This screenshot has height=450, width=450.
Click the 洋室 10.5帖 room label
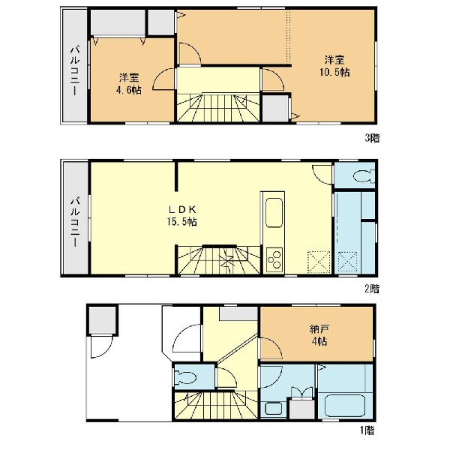[334, 66]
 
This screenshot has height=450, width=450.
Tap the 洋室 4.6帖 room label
[129, 84]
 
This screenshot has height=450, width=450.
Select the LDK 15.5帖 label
[182, 215]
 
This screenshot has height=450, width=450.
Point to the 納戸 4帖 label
[319, 335]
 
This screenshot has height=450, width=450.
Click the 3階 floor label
[372, 138]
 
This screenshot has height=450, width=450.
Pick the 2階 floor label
[372, 289]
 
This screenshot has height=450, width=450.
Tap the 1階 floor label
[367, 430]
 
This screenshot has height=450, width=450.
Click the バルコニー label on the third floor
[75, 70]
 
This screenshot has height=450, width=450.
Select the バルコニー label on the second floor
[75, 221]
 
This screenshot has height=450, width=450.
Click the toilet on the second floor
[364, 176]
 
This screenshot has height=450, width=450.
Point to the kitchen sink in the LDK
[274, 213]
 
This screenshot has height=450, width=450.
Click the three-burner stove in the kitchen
[274, 259]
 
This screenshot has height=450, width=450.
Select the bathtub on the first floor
[345, 406]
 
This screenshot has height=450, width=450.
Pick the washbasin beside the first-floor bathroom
[274, 409]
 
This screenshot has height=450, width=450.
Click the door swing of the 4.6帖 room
[163, 79]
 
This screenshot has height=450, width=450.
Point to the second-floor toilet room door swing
[322, 174]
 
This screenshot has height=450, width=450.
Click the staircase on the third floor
[218, 108]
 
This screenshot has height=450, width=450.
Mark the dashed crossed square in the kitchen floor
[319, 262]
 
